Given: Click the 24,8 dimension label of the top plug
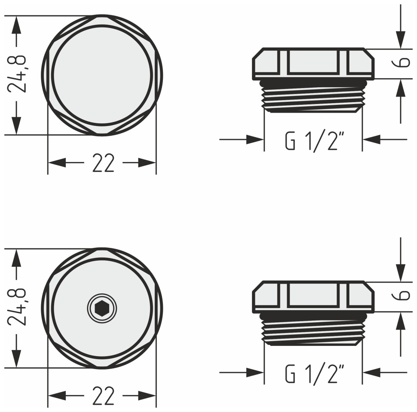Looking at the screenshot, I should (17, 74).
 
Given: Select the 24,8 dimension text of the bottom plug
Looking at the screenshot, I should (17, 307).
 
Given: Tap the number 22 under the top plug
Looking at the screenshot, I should (103, 163).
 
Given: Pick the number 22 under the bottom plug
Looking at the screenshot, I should (103, 396).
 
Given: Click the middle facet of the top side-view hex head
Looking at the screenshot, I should (313, 63).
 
